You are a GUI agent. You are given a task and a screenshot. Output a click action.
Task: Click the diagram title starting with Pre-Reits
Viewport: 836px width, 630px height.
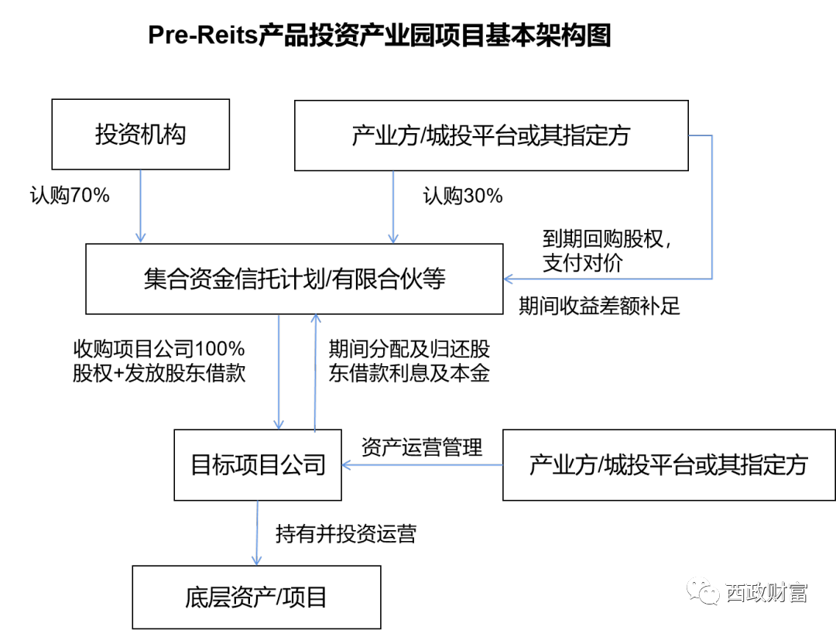click(379, 35)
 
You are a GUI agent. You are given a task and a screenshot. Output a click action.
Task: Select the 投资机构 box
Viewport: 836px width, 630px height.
click(141, 135)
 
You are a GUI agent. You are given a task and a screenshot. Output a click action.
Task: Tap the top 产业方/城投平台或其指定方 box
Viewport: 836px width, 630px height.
click(491, 135)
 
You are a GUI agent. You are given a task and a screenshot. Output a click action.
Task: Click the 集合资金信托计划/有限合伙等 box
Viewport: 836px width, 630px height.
click(294, 279)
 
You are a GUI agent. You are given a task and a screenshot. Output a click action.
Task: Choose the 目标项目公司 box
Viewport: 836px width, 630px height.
click(258, 465)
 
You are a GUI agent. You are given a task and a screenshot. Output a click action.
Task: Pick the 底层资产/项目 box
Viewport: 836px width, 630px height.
click(256, 597)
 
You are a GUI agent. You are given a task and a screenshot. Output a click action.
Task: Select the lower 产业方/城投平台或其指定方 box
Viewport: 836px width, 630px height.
click(669, 465)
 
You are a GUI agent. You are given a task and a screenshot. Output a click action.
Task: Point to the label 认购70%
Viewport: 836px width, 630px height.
click(70, 195)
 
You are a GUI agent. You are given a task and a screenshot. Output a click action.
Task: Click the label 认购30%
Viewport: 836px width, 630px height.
click(463, 196)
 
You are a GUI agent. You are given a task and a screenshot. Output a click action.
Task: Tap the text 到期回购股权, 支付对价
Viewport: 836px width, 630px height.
click(607, 251)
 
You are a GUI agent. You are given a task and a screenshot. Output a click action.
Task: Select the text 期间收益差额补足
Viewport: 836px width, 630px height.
click(600, 306)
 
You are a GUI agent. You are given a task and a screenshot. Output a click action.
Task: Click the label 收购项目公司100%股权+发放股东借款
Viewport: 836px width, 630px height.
click(159, 361)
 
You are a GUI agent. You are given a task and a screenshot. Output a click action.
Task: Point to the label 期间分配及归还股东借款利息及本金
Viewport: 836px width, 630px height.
click(409, 361)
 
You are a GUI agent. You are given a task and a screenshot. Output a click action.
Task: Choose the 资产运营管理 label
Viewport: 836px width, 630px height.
click(422, 447)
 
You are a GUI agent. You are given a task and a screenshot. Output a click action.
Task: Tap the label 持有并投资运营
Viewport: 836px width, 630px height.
click(346, 533)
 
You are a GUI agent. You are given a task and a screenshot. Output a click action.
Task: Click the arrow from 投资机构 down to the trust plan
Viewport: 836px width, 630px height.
click(141, 207)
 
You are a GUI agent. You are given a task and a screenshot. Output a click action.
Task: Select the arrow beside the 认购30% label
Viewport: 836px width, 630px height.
click(393, 207)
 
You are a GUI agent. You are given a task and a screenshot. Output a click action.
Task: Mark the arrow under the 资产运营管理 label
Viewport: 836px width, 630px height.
click(423, 465)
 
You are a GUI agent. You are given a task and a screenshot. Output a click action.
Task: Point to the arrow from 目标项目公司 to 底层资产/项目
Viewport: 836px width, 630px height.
click(257, 533)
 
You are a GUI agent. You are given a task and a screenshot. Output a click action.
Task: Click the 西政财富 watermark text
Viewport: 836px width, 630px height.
click(767, 592)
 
